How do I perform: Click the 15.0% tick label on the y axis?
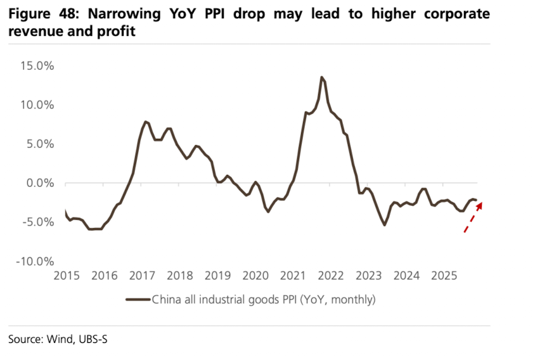(x=37, y=66)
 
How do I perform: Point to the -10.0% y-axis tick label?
(x=35, y=261)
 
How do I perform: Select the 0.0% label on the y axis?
(x=39, y=183)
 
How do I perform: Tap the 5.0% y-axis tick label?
(x=39, y=144)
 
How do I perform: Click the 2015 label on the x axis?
(x=67, y=276)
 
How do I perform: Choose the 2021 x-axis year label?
(x=293, y=276)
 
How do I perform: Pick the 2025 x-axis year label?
(x=444, y=276)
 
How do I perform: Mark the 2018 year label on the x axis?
(x=180, y=276)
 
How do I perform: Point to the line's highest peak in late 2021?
(x=322, y=77)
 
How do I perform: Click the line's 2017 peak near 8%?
(x=146, y=121)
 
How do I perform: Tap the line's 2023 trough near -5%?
(x=384, y=225)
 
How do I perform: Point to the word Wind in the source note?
(x=60, y=339)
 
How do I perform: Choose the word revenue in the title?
(x=32, y=30)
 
